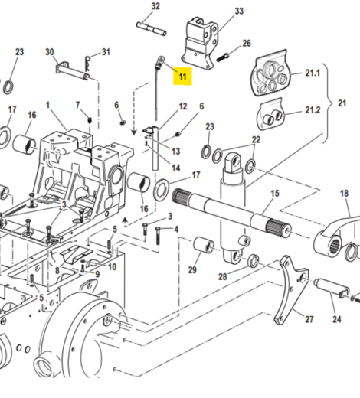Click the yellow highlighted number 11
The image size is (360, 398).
point(182,76)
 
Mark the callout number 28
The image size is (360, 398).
point(221,276)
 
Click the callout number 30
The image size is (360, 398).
point(50,52)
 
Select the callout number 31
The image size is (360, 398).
point(106,52)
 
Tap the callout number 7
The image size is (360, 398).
point(77,104)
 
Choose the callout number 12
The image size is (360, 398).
point(183,106)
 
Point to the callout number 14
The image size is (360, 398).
point(175,168)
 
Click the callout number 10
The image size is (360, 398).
point(112,267)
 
